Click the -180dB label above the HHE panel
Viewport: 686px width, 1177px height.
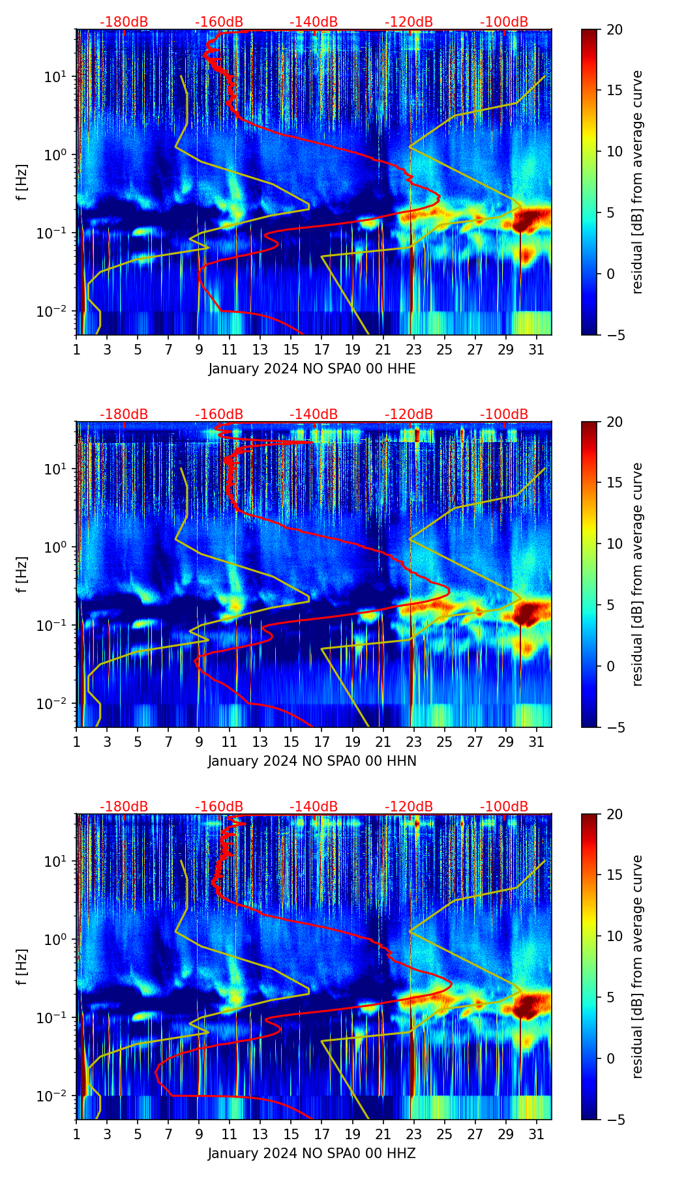pyautogui.click(x=124, y=22)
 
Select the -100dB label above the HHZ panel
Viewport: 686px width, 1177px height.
pyautogui.click(x=504, y=807)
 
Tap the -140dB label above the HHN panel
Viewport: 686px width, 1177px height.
pyautogui.click(x=314, y=414)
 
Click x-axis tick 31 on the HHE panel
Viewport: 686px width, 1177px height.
pyautogui.click(x=536, y=349)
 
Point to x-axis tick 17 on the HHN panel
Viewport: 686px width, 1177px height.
pyautogui.click(x=321, y=742)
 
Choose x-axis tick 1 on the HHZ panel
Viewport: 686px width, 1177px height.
pyautogui.click(x=77, y=1134)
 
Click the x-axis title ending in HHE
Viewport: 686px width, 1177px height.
pyautogui.click(x=312, y=369)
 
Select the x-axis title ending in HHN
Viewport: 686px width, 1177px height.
pyautogui.click(x=312, y=761)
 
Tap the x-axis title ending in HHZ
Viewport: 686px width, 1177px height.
pyautogui.click(x=312, y=1154)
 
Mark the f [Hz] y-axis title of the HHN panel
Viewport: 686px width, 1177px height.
pyautogui.click(x=22, y=574)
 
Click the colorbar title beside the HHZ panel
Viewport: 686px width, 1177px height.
pyautogui.click(x=638, y=966)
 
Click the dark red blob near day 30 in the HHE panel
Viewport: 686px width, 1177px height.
pyautogui.click(x=525, y=220)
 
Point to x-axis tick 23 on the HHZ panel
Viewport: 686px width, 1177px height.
pyautogui.click(x=413, y=1134)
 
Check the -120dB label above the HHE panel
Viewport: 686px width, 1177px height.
pyautogui.click(x=409, y=22)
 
